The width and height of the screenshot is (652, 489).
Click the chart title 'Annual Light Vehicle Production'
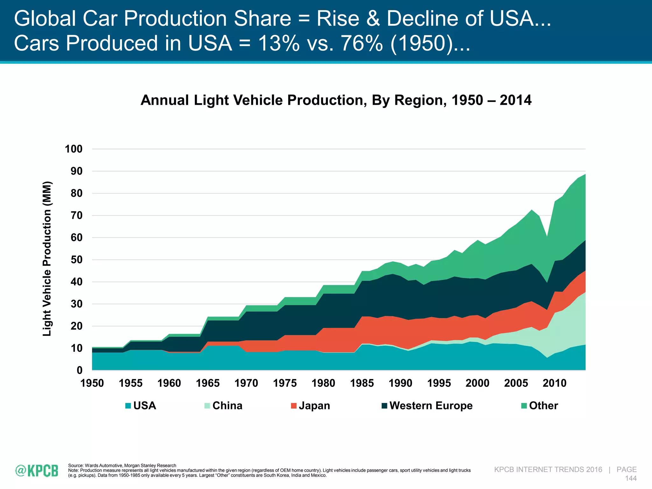(x=336, y=100)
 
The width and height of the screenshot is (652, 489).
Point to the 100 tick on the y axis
(x=74, y=149)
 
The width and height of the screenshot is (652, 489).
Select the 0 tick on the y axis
(x=79, y=370)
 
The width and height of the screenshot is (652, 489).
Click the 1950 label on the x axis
(x=92, y=383)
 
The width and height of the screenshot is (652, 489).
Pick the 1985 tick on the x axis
(x=362, y=383)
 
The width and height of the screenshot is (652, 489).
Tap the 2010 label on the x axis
(x=555, y=383)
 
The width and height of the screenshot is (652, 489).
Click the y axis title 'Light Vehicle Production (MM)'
(x=47, y=259)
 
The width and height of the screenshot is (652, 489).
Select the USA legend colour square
(x=128, y=406)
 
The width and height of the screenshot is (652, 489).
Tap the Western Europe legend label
(x=431, y=406)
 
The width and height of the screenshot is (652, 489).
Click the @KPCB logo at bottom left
(x=37, y=471)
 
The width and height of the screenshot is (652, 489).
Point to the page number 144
(x=631, y=478)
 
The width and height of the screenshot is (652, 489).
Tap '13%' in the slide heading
(x=279, y=43)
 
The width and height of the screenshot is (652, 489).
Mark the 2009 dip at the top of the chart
(x=547, y=237)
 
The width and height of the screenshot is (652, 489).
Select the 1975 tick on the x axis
(x=285, y=383)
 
